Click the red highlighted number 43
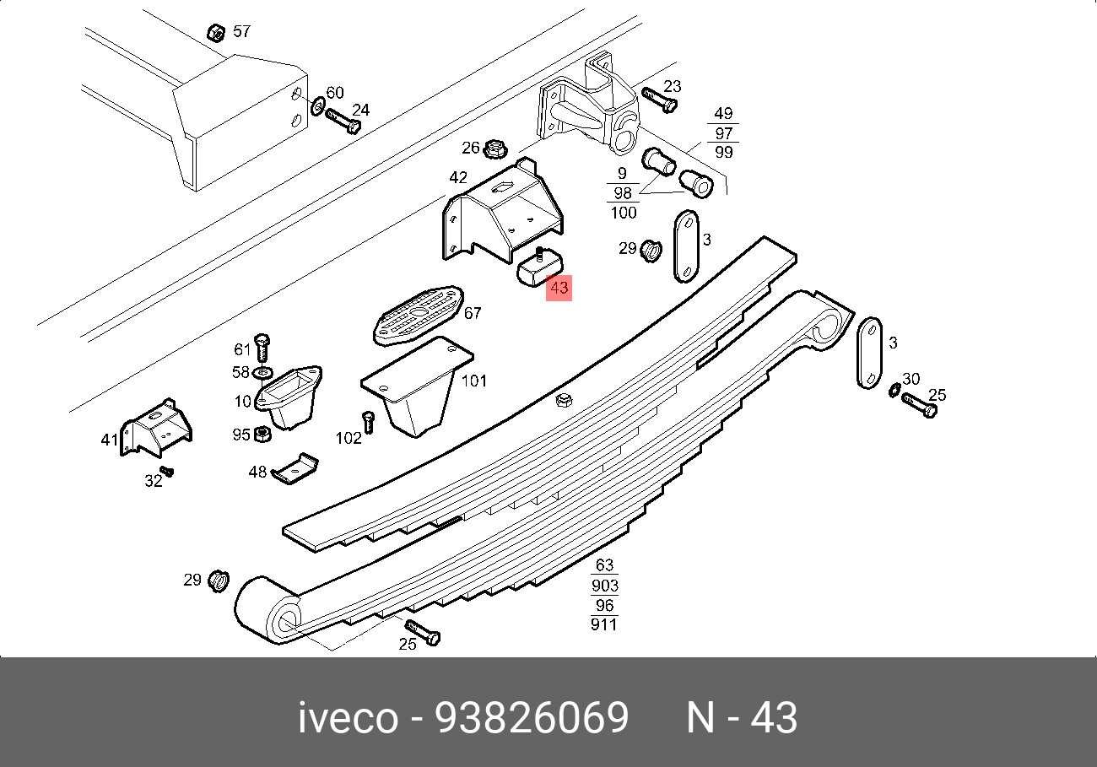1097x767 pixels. [559, 288]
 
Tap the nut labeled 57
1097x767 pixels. [215, 33]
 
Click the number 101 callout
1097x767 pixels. [473, 381]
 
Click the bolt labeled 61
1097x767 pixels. [262, 346]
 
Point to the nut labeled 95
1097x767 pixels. [262, 434]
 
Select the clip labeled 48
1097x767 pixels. [295, 470]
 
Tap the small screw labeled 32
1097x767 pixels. [167, 471]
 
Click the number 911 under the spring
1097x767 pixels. [604, 624]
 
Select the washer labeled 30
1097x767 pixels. [894, 389]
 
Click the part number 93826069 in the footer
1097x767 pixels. [532, 719]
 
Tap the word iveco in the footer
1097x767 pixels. [348, 719]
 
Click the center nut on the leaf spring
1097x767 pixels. [564, 400]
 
